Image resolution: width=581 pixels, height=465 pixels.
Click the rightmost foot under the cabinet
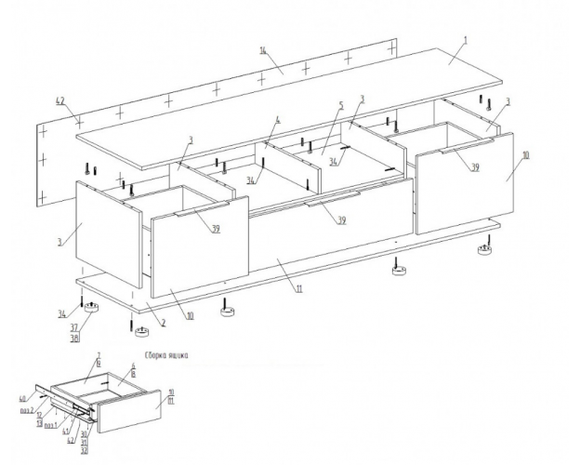click(x=485, y=248)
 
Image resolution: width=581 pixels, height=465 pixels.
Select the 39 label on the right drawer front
click(x=475, y=167)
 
